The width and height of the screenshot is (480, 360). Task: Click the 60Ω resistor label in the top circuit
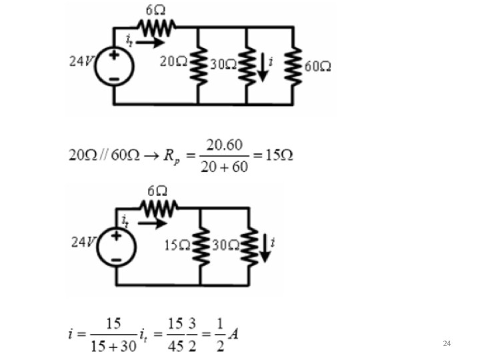click(x=319, y=66)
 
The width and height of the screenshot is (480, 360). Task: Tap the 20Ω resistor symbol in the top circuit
click(x=197, y=65)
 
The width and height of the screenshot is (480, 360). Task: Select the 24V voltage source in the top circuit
click(x=114, y=65)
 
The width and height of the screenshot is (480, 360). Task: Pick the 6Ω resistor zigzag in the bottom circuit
click(x=159, y=209)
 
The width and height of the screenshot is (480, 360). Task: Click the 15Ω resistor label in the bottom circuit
click(x=177, y=245)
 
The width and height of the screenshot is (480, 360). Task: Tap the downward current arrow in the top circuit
click(x=262, y=67)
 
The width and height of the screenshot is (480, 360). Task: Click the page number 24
click(x=447, y=343)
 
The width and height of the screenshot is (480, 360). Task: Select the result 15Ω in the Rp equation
click(x=279, y=155)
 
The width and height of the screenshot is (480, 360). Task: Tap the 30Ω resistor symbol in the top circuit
click(x=246, y=65)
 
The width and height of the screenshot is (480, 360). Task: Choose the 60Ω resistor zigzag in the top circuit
click(x=294, y=65)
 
